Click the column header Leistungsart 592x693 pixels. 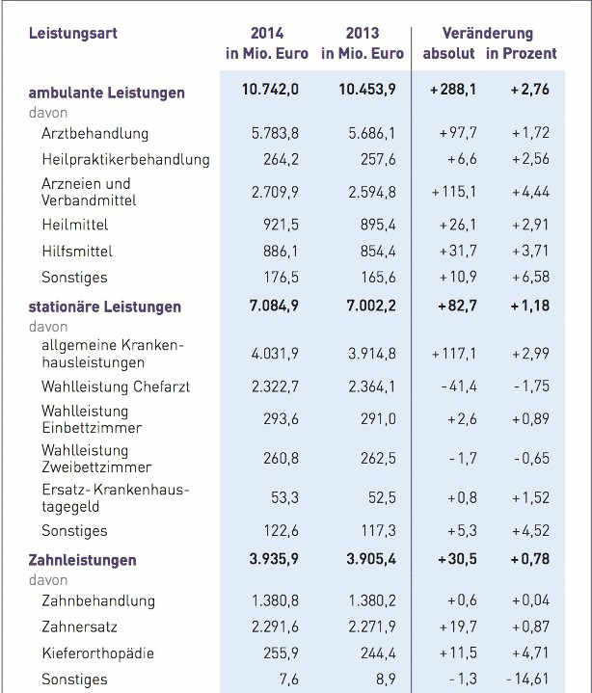[x=72, y=33]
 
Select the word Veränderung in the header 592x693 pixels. [x=487, y=33]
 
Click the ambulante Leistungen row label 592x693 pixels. [x=107, y=93]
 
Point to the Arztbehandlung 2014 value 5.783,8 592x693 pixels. [x=276, y=133]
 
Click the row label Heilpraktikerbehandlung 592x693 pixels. [x=125, y=159]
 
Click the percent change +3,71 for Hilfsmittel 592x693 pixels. [x=529, y=252]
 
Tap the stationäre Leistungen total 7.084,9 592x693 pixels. [x=274, y=307]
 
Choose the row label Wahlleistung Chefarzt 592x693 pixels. [x=116, y=386]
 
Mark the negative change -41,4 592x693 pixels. [x=456, y=386]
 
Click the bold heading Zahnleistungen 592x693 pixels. [x=83, y=560]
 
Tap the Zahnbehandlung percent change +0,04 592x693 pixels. [x=529, y=600]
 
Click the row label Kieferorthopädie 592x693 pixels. [x=98, y=653]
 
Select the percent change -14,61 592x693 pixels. [x=526, y=680]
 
